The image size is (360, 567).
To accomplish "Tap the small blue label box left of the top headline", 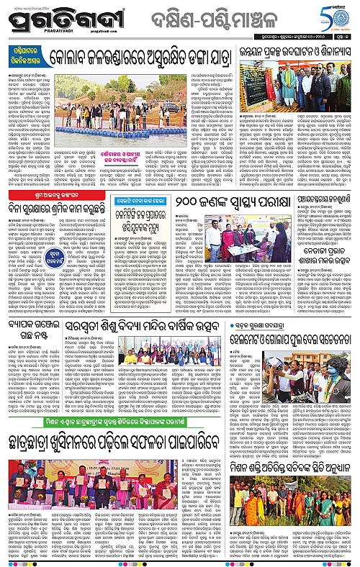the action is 25,58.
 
